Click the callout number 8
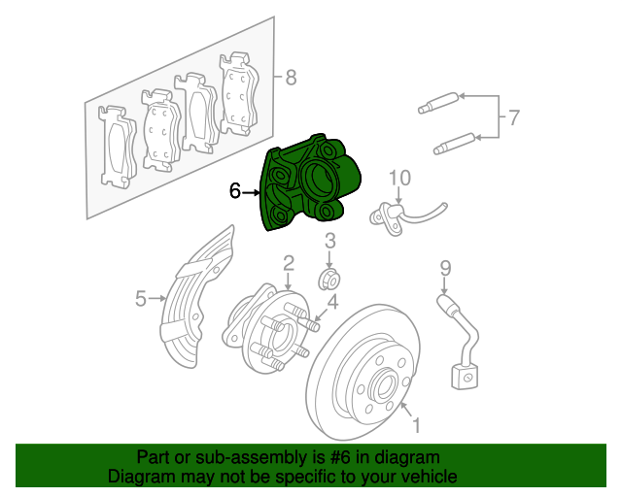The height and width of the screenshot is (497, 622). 291,78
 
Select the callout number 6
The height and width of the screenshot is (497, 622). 235,191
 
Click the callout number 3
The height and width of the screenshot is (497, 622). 329,241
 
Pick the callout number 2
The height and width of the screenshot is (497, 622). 289,262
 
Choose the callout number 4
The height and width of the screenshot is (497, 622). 332,302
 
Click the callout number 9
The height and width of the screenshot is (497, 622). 445,267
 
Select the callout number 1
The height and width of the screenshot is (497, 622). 416,425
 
